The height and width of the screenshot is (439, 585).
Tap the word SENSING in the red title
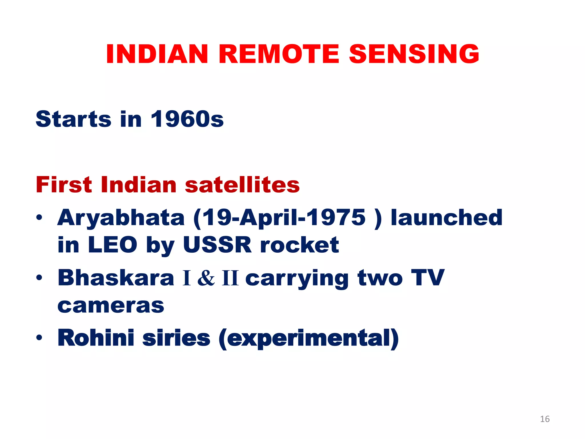[x=414, y=54]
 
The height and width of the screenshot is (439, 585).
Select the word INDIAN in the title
[x=157, y=54]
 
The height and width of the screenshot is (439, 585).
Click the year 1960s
[x=187, y=119]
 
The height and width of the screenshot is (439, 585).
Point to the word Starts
[x=73, y=119]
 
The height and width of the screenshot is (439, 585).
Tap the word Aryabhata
[x=121, y=218]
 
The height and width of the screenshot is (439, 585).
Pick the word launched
[x=446, y=218]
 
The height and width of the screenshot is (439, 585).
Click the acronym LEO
[x=113, y=245]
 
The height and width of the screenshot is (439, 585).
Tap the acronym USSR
[x=217, y=245]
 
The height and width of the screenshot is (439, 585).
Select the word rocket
[x=299, y=245]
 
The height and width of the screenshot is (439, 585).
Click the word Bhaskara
[x=116, y=278]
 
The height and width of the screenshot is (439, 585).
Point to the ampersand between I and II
[x=206, y=278]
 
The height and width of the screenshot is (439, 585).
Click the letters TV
[x=428, y=278]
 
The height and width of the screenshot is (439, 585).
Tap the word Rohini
[x=96, y=338]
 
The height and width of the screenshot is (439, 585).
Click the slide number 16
[x=545, y=419]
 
